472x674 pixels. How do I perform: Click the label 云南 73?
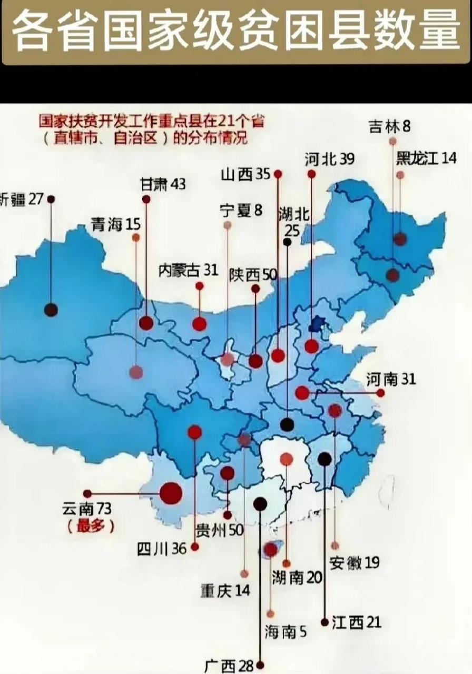pyautogui.click(x=87, y=509)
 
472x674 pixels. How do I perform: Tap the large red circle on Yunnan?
pyautogui.click(x=171, y=493)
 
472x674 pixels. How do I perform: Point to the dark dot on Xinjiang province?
pyautogui.click(x=51, y=310)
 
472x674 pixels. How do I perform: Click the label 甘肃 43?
pyautogui.click(x=163, y=184)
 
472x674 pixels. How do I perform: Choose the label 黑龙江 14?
pyautogui.click(x=426, y=158)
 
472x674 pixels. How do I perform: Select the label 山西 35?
pyautogui.click(x=245, y=174)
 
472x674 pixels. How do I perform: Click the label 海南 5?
pyautogui.click(x=285, y=631)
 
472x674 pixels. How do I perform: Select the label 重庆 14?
pyautogui.click(x=225, y=590)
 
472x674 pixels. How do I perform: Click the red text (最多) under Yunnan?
pyautogui.click(x=90, y=526)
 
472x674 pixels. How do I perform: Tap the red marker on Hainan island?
pyautogui.click(x=270, y=550)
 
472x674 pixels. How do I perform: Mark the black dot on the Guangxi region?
pyautogui.click(x=260, y=504)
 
